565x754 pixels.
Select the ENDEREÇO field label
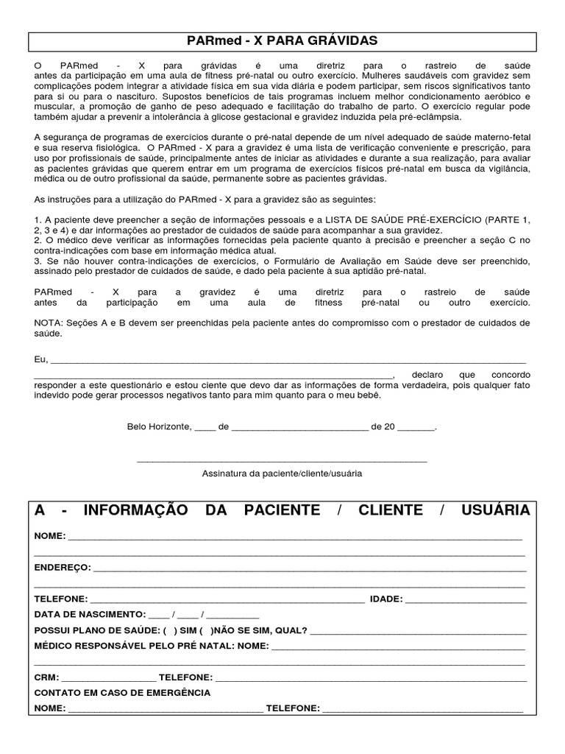point(63,568)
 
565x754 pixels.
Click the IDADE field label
point(385,599)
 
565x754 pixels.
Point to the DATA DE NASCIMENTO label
point(89,614)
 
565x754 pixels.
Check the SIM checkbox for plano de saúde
point(171,630)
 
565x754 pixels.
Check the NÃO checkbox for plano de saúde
point(205,630)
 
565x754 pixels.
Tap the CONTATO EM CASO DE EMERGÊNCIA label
point(122,693)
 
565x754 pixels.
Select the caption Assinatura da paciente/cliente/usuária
point(282,473)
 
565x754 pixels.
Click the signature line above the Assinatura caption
point(282,461)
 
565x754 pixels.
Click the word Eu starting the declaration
point(40,359)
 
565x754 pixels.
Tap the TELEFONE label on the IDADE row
point(61,599)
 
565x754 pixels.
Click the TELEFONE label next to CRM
point(186,677)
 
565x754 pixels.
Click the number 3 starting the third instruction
point(38,261)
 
